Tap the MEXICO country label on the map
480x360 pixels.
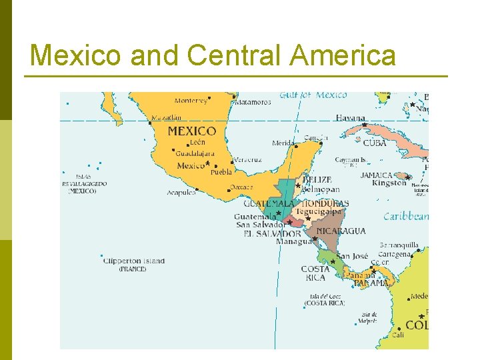[x=191, y=131]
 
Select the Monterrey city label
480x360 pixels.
[x=191, y=101]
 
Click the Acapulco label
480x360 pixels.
[x=181, y=193]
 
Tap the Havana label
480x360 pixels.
[x=350, y=118]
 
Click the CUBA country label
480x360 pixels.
[x=375, y=143]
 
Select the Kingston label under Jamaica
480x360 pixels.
[x=389, y=183]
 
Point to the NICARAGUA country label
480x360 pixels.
[x=341, y=231]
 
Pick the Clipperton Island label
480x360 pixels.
[x=134, y=261]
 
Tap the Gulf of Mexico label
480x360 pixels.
[x=313, y=95]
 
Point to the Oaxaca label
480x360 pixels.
[x=241, y=187]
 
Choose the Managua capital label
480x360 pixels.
[x=293, y=242]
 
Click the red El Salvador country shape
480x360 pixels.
[x=292, y=221]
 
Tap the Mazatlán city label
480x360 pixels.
[x=166, y=118]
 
